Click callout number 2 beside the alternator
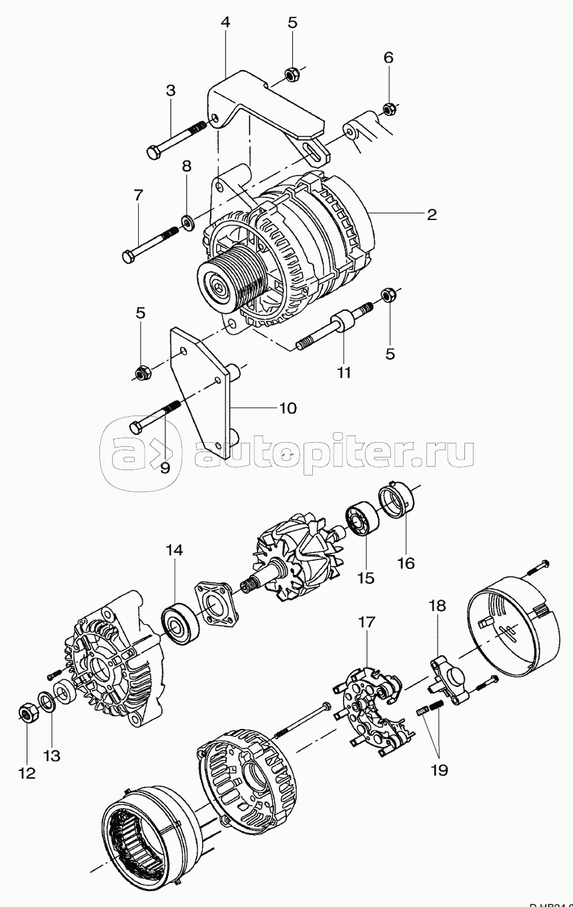tap(431, 214)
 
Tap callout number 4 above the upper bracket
tap(225, 22)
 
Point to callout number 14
tap(174, 550)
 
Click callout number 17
tap(367, 622)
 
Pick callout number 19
tap(439, 770)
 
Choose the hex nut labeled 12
tap(27, 715)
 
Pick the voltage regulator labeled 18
tap(446, 677)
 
